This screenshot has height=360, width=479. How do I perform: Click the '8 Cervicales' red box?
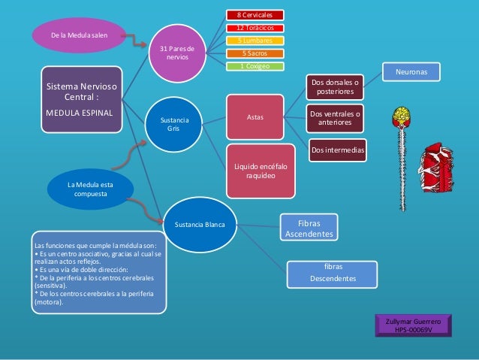255,14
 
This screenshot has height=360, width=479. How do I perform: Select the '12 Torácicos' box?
255,28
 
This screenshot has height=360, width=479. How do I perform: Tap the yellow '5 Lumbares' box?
255,41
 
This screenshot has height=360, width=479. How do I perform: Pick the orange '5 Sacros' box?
255,53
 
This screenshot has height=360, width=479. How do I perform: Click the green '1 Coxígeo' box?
255,66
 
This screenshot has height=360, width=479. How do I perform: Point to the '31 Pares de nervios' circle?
178,53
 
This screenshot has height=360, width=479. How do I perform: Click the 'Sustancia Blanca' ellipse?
200,225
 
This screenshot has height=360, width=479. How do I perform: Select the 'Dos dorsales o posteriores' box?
335,87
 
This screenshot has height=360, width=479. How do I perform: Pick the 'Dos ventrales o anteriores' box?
335,118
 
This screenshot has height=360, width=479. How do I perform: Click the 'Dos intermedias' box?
338,150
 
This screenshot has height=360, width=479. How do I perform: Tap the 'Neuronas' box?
412,72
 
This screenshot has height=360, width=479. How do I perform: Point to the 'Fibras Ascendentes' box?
309,228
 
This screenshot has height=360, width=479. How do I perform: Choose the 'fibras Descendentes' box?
333,273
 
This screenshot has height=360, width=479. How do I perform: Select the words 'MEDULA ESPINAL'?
80,113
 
